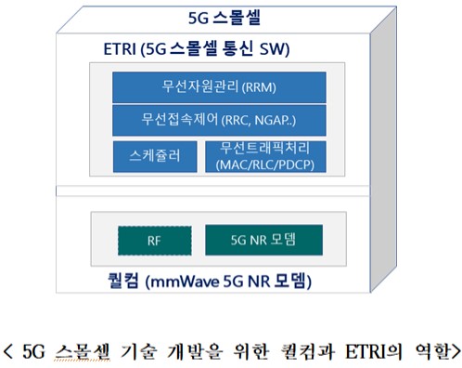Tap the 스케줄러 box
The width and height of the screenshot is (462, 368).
point(154,156)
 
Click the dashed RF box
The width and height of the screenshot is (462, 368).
point(153,240)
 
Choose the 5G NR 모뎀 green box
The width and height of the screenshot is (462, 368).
point(263,240)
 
